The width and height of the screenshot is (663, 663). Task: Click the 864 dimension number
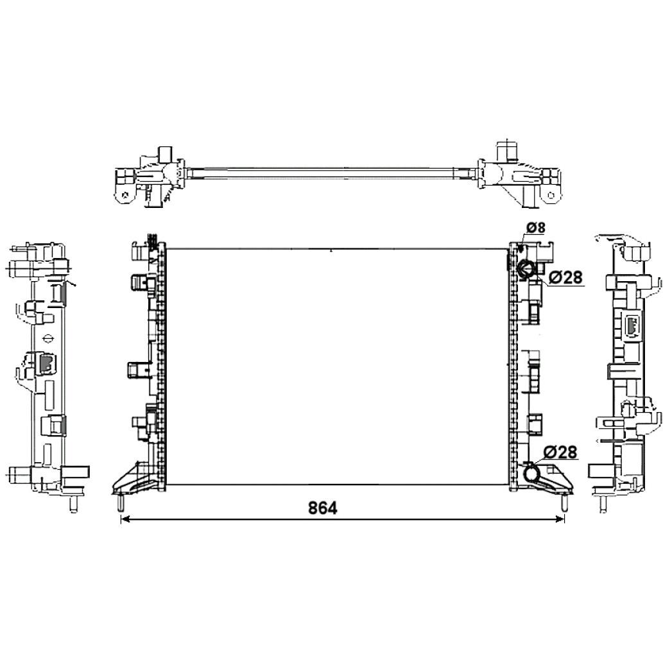coord(323,508)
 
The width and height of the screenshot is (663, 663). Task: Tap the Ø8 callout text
coord(536,227)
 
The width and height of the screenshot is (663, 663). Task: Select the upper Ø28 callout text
coord(565,277)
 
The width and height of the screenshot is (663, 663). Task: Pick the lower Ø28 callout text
coord(560,452)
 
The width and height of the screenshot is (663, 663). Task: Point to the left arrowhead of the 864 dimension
coord(125,519)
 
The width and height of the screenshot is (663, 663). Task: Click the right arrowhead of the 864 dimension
coord(560,519)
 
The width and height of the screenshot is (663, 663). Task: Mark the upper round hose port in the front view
coord(526,268)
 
